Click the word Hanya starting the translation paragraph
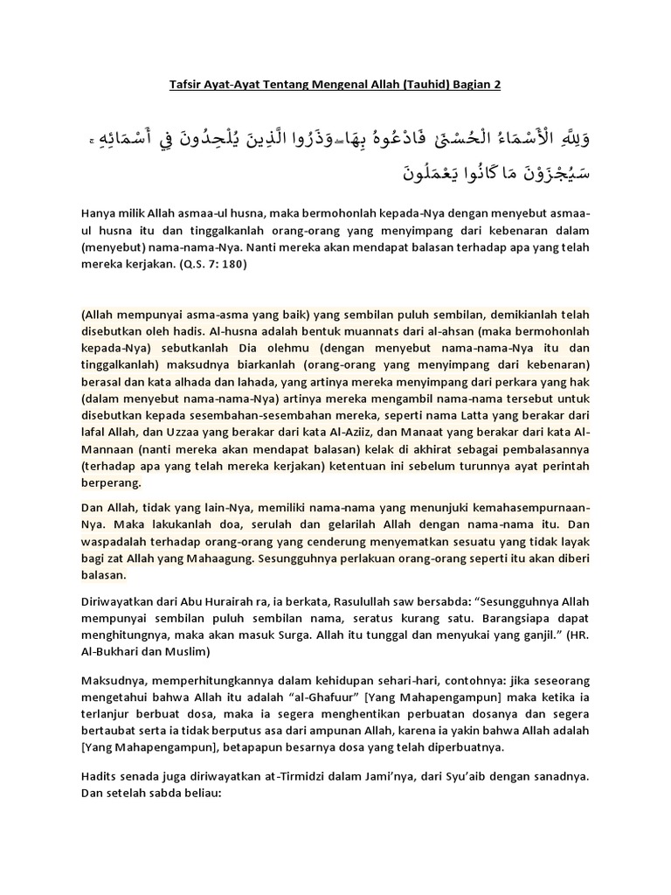pos(99,213)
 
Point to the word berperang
pos(110,483)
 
